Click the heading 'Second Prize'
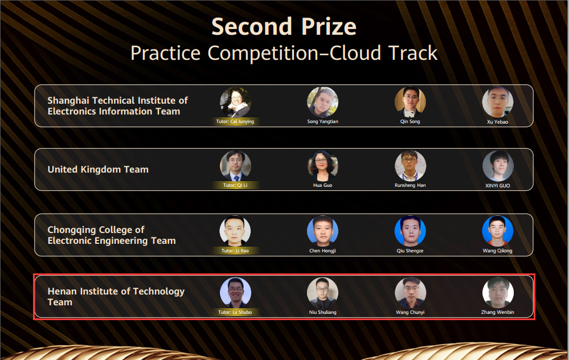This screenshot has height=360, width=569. (284, 27)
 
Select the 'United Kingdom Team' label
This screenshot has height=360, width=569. (98, 170)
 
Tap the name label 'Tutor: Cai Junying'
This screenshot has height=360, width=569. (235, 121)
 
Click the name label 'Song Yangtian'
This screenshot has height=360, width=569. (322, 121)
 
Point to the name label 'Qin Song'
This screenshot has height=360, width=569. (410, 121)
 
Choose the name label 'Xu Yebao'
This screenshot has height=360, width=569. (497, 122)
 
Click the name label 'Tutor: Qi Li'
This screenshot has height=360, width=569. (235, 185)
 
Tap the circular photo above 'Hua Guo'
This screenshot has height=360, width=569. (322, 166)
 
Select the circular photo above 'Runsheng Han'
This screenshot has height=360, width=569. (411, 166)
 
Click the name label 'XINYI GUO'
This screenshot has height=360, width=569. (497, 186)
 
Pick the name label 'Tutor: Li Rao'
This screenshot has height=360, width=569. (235, 251)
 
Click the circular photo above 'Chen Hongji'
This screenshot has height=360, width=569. (322, 231)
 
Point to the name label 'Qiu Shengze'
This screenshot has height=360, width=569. (410, 251)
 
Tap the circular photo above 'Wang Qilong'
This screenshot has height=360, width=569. (497, 231)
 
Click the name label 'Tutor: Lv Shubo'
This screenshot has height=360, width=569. (235, 312)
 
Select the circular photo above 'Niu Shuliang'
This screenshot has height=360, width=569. (322, 293)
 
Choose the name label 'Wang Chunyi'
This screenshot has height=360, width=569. (410, 312)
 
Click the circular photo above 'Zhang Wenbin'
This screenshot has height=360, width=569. (498, 293)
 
